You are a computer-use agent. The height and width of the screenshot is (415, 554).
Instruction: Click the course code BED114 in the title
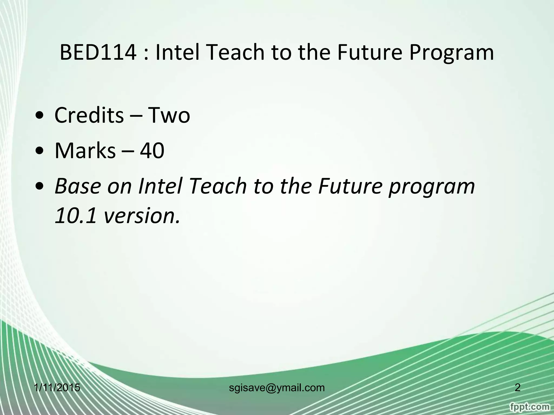point(98,52)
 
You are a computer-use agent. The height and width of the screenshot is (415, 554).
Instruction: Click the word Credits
point(89,115)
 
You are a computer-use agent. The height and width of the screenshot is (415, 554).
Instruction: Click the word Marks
point(85,151)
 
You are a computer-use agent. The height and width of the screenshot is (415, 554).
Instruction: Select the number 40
point(152,151)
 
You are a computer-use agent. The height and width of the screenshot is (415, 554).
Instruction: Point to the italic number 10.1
point(75,216)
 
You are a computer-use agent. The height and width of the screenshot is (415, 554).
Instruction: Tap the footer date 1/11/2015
point(57,388)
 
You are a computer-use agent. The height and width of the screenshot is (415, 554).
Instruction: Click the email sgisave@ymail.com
point(277,388)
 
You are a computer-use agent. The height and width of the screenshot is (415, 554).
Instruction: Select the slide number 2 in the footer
point(517,388)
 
